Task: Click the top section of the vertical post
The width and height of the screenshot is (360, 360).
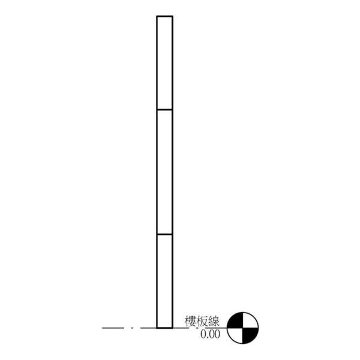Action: pyautogui.click(x=164, y=63)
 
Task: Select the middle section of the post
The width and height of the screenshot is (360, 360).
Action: pyautogui.click(x=164, y=172)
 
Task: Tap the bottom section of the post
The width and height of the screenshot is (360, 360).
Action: pyautogui.click(x=164, y=281)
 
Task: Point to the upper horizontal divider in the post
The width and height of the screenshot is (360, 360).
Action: pyautogui.click(x=164, y=110)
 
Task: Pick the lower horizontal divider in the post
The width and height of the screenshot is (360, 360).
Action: pyautogui.click(x=164, y=235)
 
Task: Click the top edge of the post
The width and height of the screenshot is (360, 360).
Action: pyautogui.click(x=164, y=16)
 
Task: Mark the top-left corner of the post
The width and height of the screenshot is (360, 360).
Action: pyautogui.click(x=157, y=16)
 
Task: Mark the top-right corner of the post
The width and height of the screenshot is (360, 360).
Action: pyautogui.click(x=173, y=16)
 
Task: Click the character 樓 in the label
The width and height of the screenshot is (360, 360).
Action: pyautogui.click(x=191, y=321)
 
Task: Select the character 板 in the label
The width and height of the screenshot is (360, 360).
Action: pyautogui.click(x=202, y=321)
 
